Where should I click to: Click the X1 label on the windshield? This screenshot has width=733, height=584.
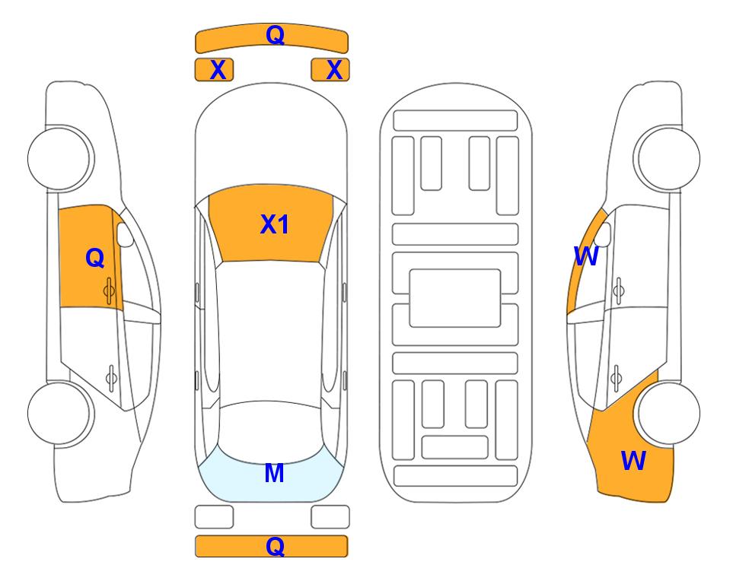[x=275, y=224]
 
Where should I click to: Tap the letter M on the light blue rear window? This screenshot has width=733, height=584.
[x=275, y=473]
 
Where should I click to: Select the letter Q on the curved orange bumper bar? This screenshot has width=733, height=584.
[x=275, y=35]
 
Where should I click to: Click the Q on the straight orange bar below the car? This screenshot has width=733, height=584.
[x=275, y=546]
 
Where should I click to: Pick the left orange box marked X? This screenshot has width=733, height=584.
[x=214, y=70]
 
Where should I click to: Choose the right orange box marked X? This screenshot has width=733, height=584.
[x=330, y=70]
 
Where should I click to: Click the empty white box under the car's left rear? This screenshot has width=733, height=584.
[x=214, y=517]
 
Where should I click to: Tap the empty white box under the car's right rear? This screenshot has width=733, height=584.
[x=330, y=517]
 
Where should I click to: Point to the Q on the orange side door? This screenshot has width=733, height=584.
[x=95, y=258]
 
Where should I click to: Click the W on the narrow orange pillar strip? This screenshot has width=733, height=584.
[x=586, y=256]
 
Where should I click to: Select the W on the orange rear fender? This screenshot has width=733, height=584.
[x=633, y=461]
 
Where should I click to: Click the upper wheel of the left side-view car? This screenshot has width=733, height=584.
[x=61, y=158]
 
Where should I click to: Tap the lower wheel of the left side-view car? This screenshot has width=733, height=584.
[x=60, y=413]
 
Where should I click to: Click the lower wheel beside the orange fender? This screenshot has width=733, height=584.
[x=668, y=413]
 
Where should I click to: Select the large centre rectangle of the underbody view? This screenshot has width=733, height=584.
[x=455, y=298]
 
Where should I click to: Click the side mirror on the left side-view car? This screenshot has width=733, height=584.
[x=125, y=234]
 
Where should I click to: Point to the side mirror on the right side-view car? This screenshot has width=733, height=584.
[x=603, y=234]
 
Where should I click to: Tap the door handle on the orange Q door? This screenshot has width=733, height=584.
[x=109, y=290]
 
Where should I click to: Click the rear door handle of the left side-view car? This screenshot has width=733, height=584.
[x=111, y=377]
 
